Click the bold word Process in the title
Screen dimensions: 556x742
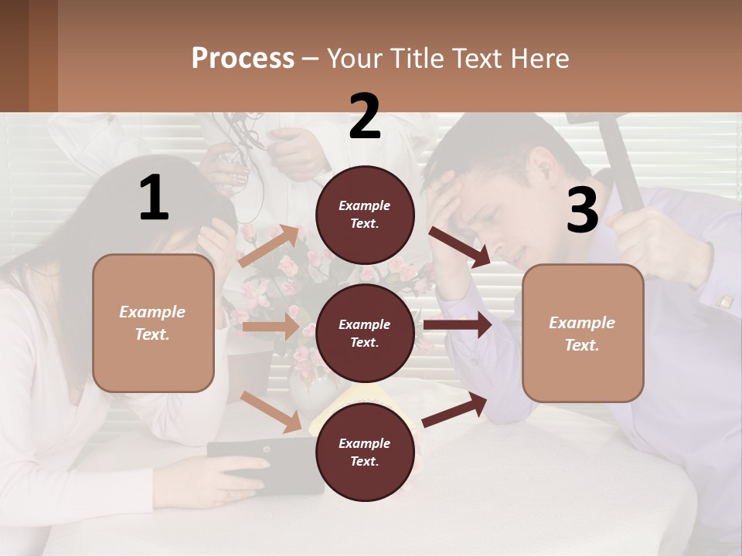[243, 59]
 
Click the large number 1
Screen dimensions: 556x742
[154, 197]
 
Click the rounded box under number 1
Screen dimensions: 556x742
[153, 323]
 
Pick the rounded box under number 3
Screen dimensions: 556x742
[583, 333]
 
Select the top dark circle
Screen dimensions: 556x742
[365, 215]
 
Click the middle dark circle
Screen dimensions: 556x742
[365, 333]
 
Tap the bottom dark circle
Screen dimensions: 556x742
[365, 452]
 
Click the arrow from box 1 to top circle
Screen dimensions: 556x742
[268, 246]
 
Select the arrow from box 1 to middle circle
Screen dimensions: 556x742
[270, 327]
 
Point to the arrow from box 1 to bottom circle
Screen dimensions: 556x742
[271, 412]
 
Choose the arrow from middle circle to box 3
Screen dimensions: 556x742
[457, 325]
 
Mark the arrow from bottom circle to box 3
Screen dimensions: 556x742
[455, 410]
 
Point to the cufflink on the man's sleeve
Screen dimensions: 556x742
[725, 302]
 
